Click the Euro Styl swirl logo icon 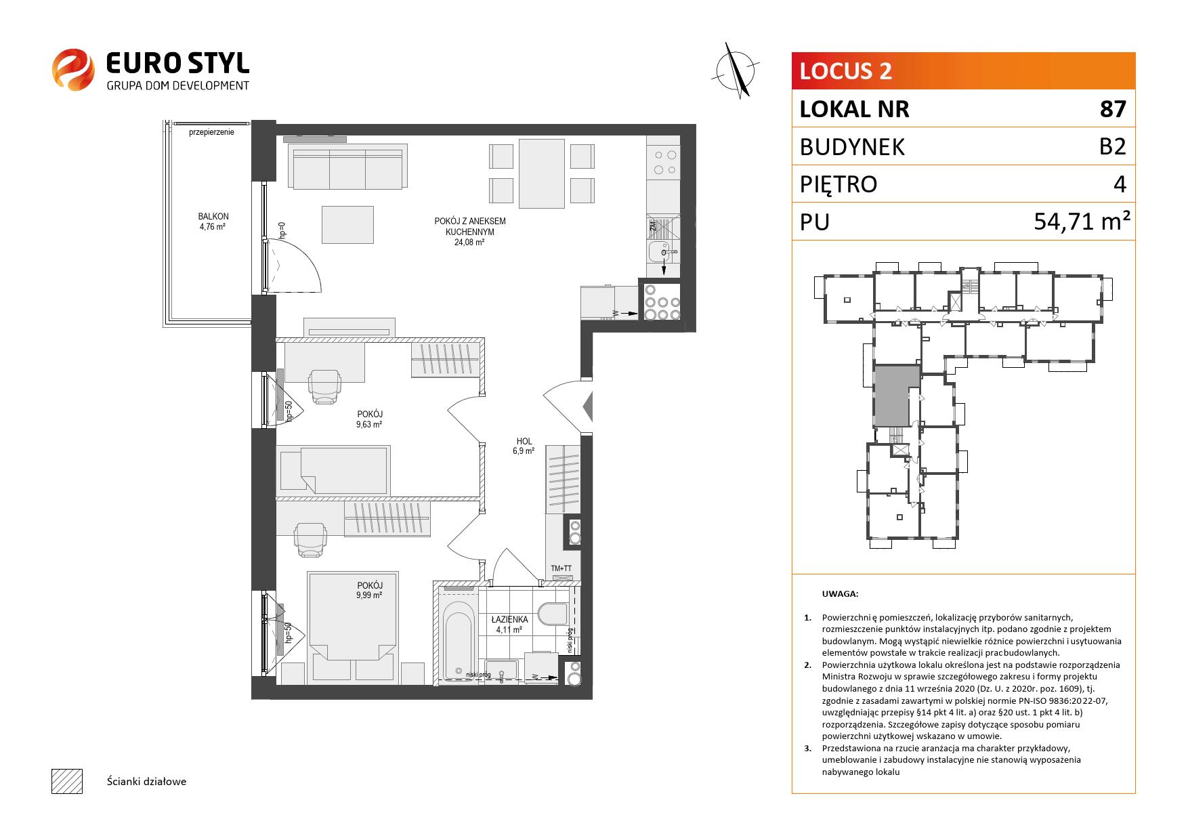pyautogui.click(x=73, y=69)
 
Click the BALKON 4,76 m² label pyautogui.click(x=213, y=222)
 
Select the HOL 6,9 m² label pyautogui.click(x=524, y=445)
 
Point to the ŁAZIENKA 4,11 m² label pyautogui.click(x=509, y=624)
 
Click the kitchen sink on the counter pyautogui.click(x=662, y=251)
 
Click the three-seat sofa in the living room pyautogui.click(x=348, y=165)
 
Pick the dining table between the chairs pyautogui.click(x=542, y=173)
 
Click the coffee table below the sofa pyautogui.click(x=348, y=225)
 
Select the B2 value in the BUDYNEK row pyautogui.click(x=1113, y=146)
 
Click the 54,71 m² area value pyautogui.click(x=1082, y=221)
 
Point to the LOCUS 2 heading pyautogui.click(x=845, y=71)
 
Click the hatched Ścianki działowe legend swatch pyautogui.click(x=67, y=781)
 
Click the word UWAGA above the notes pyautogui.click(x=840, y=594)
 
